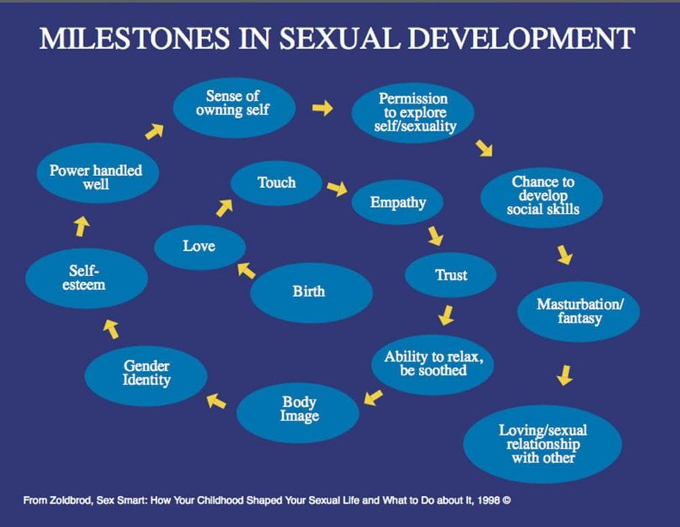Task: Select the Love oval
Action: click(199, 246)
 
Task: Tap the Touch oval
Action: click(276, 183)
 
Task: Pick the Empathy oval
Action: click(398, 203)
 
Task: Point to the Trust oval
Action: click(451, 275)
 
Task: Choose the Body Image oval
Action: click(299, 409)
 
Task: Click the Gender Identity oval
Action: click(146, 375)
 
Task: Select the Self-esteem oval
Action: click(86, 278)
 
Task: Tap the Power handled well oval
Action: click(96, 177)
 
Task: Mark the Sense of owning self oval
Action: click(233, 103)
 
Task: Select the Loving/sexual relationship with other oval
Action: click(542, 443)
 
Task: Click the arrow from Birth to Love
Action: click(246, 271)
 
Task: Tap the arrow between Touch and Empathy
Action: click(337, 188)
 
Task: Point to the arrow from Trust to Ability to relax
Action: click(446, 315)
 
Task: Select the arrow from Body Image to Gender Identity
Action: click(216, 401)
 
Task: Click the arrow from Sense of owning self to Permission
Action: click(323, 107)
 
